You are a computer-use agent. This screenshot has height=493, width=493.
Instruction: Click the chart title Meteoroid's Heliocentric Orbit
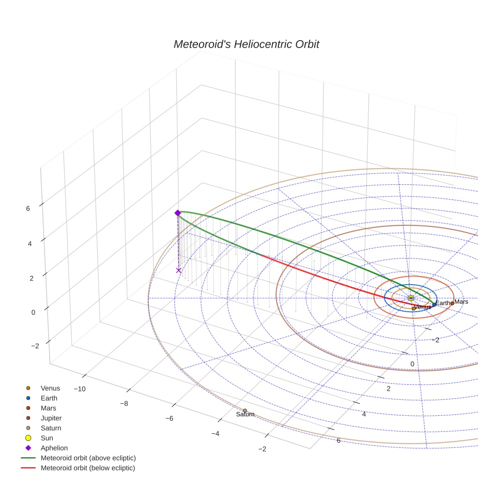coord(246,44)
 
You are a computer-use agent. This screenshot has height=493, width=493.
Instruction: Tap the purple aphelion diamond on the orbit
coord(177,213)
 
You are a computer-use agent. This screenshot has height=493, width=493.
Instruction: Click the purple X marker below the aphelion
coord(179,271)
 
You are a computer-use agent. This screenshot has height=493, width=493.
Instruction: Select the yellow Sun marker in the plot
coord(411,298)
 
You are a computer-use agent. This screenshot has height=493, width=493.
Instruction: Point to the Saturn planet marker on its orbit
coord(245,410)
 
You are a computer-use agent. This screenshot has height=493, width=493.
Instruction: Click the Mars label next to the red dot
coord(461,302)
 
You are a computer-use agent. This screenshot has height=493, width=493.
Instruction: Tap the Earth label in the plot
coord(443,303)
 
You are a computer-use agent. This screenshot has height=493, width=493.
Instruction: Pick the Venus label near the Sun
coord(423,307)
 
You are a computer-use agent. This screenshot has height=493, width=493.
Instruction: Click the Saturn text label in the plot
coord(245,414)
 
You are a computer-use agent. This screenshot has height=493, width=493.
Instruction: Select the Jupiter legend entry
coord(51,418)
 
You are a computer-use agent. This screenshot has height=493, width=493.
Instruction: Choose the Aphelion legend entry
coord(54,448)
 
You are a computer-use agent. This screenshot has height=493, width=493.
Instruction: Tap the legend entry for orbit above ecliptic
coord(88,458)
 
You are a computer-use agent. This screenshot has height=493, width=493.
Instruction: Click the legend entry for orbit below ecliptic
coord(88,468)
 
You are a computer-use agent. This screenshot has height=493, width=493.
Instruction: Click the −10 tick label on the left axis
coord(80,389)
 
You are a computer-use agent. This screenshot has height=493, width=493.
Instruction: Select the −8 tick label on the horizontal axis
coord(124,403)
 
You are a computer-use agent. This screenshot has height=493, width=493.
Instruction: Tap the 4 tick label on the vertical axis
coord(29,243)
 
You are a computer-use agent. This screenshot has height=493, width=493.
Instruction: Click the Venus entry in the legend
coord(50,388)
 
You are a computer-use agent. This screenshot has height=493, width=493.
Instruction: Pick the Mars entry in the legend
coord(49,408)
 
